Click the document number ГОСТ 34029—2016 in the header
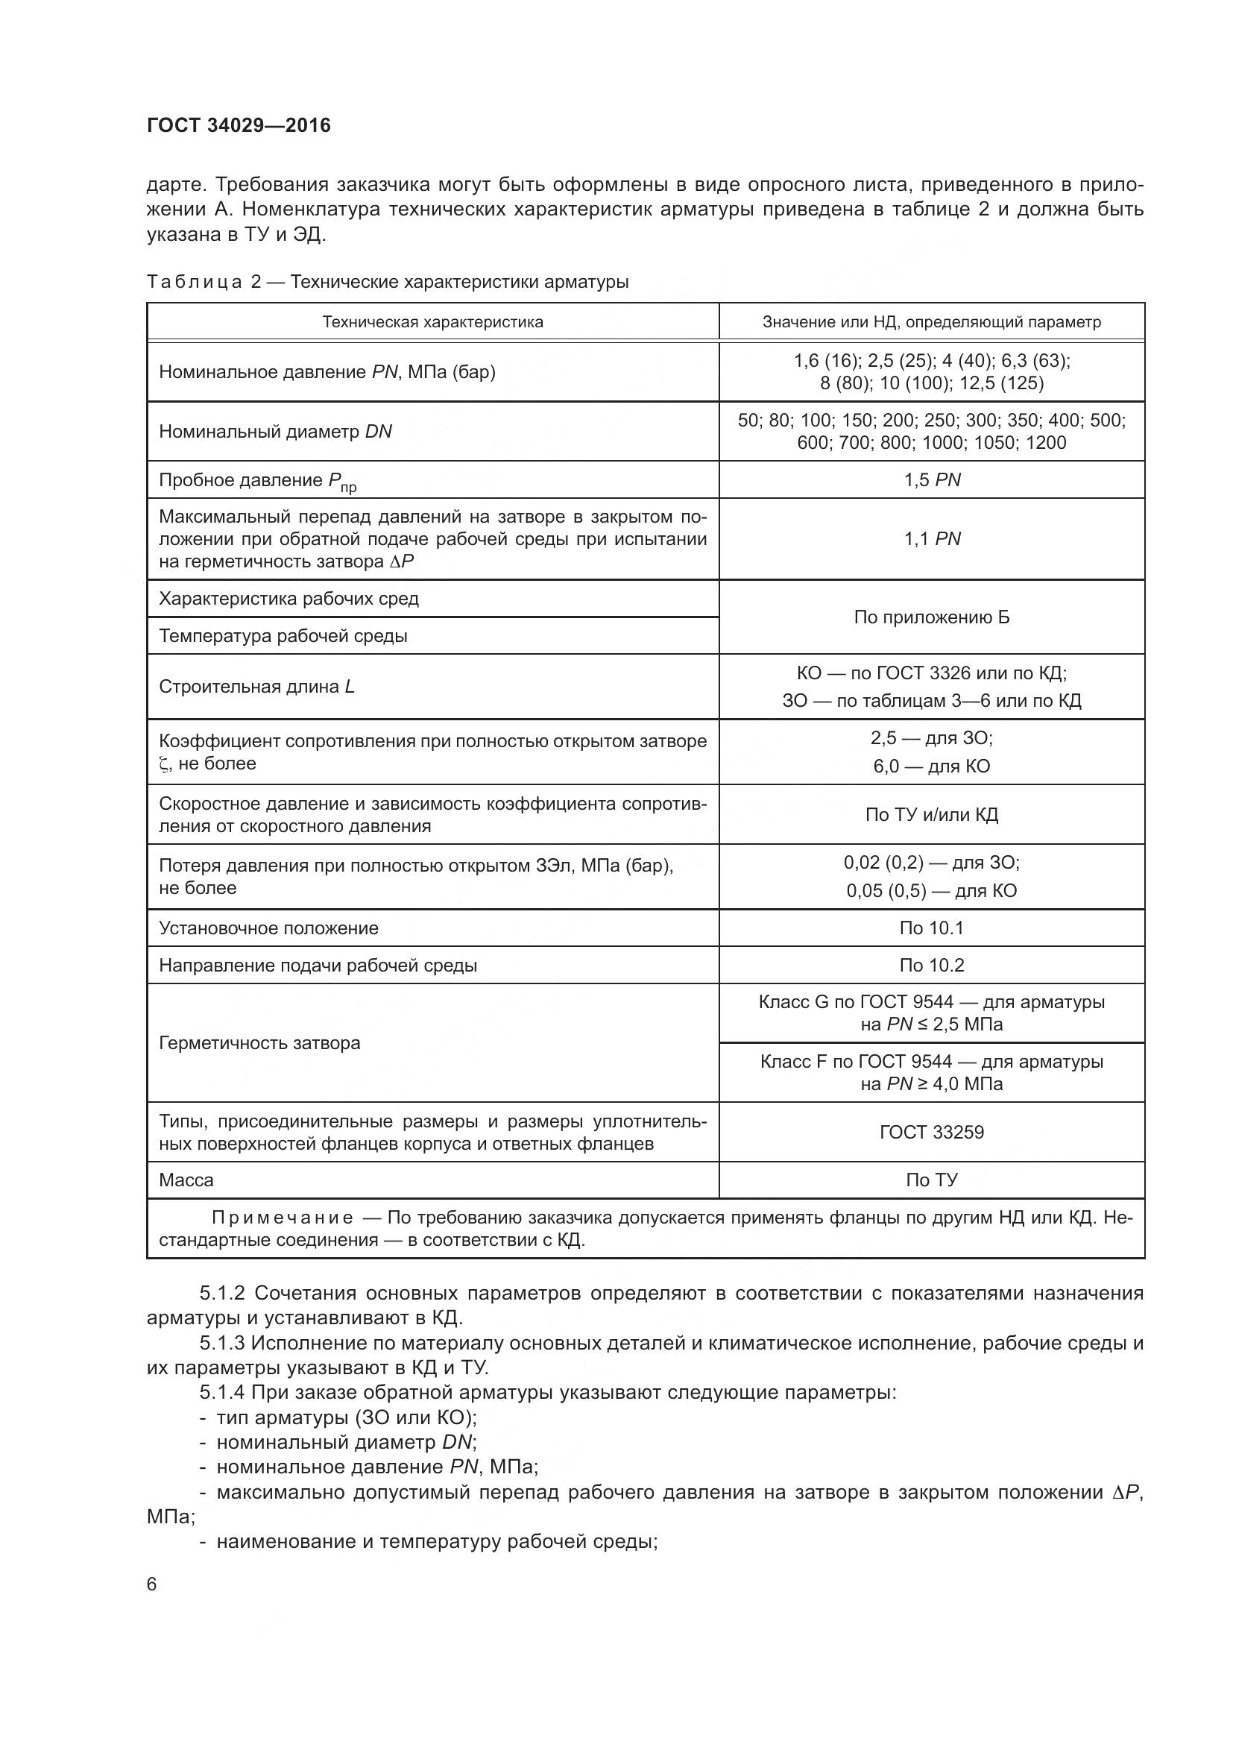coord(239,125)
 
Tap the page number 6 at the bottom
coord(152,1584)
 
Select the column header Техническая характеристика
coord(433,322)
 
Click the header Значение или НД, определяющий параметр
coord(932,322)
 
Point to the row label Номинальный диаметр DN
coord(276,432)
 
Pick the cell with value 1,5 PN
coord(932,480)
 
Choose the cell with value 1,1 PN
coord(932,538)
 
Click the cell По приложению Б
coord(932,617)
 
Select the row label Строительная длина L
coord(256,687)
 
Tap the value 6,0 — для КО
coord(932,766)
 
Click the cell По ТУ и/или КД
coord(932,815)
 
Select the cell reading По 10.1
coord(932,928)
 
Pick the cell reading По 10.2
coord(932,966)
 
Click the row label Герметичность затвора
coord(259,1043)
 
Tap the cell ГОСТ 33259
coord(932,1133)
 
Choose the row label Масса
coord(186,1180)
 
